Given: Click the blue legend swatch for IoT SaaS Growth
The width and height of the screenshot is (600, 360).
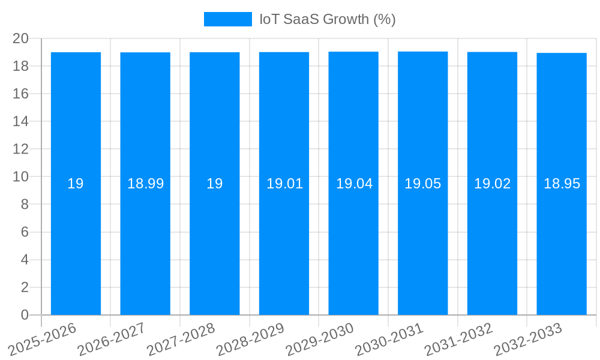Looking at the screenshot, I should click(227, 19).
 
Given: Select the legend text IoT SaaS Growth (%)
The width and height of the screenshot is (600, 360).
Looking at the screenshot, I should click(327, 19).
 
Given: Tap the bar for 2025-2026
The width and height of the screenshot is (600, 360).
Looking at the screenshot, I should click(76, 240).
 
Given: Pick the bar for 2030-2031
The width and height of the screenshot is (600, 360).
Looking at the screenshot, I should click(422, 240).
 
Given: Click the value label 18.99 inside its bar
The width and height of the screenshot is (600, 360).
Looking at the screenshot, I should click(145, 184).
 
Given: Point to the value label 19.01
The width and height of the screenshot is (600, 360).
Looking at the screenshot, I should click(284, 184).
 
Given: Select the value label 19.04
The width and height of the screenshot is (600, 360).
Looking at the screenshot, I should click(354, 184).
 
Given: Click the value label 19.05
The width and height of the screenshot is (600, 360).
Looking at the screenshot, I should click(422, 184).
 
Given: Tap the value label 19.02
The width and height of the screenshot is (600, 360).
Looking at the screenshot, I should click(492, 184).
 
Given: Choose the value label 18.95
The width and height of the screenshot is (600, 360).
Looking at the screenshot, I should click(562, 184).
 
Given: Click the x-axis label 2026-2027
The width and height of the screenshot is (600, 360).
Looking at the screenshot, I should click(112, 339).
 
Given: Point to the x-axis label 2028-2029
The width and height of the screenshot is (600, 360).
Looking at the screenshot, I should click(251, 339).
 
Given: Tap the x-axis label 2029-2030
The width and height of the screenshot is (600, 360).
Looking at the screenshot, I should click(320, 339).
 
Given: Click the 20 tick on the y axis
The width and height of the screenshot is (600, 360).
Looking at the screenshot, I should click(20, 38).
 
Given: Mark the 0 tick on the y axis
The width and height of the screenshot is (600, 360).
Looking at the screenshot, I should click(25, 315).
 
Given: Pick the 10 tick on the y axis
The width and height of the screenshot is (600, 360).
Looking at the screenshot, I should click(20, 176).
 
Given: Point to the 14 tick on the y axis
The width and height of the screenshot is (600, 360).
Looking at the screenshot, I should click(20, 121).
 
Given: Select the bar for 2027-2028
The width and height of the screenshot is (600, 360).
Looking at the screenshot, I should click(215, 240).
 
